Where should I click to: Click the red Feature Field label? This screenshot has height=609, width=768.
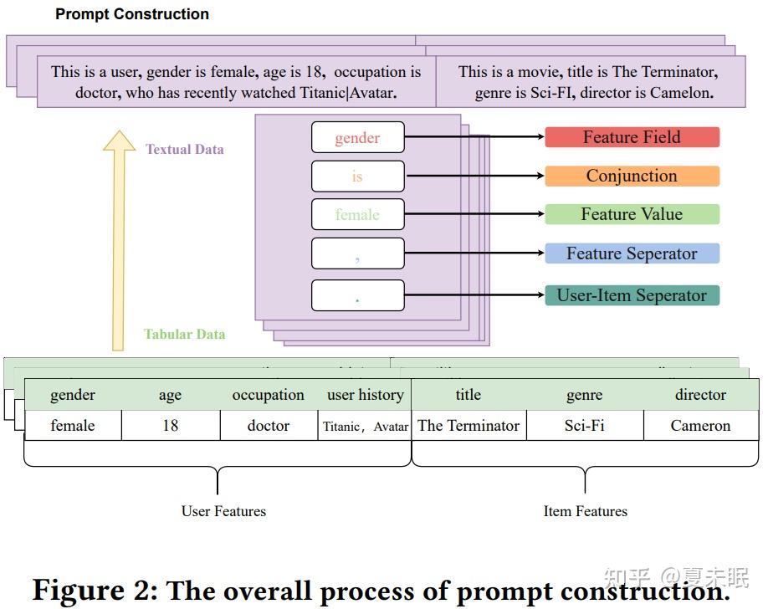click(632, 137)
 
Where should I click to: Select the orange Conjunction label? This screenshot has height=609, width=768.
click(632, 176)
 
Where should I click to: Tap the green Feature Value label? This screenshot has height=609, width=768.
click(632, 214)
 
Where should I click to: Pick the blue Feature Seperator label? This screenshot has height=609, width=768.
click(632, 253)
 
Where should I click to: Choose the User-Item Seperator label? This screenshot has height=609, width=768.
click(632, 295)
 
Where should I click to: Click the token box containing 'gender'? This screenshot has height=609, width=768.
click(357, 138)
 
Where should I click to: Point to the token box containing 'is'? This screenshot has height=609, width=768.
click(357, 177)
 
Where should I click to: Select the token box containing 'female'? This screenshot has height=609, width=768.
click(357, 215)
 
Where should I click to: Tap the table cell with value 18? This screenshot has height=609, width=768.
click(171, 425)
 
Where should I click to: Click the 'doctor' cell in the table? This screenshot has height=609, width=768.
click(269, 425)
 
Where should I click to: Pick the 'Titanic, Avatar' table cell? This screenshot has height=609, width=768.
click(366, 426)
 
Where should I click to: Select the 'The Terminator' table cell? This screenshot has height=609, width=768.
click(468, 425)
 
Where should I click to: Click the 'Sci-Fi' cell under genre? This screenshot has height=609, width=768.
click(584, 425)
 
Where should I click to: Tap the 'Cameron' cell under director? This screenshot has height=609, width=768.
click(700, 425)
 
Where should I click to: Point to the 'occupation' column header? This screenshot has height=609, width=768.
click(269, 395)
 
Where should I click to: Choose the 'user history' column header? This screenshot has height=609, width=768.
click(366, 395)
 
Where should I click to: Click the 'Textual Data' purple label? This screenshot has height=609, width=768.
click(185, 149)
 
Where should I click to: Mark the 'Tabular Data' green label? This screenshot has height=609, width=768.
click(184, 334)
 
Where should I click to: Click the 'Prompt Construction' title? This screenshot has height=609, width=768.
click(132, 14)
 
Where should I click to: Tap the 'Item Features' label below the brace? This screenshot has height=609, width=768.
click(585, 510)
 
